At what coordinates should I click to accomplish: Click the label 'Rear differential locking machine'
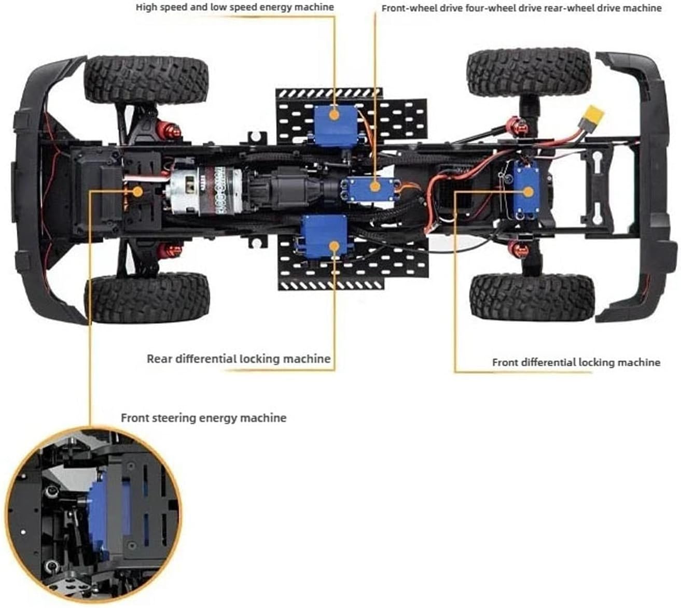pos(239,359)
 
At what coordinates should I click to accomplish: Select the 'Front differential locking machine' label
pos(576,362)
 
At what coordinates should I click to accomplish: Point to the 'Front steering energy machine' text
pos(204,418)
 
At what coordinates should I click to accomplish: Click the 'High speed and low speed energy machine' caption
pos(235,7)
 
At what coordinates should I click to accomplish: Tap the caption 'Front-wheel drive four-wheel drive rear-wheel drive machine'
pos(522,8)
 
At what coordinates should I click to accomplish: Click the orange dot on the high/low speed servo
pos(334,115)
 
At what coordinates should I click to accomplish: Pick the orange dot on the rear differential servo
pos(334,247)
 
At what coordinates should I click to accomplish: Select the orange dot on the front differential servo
pos(529,192)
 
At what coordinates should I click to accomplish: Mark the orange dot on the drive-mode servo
pos(376,186)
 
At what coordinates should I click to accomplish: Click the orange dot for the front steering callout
pos(137,191)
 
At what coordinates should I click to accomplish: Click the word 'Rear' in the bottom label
pos(159,359)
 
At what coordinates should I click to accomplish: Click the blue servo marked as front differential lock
pos(526,190)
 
